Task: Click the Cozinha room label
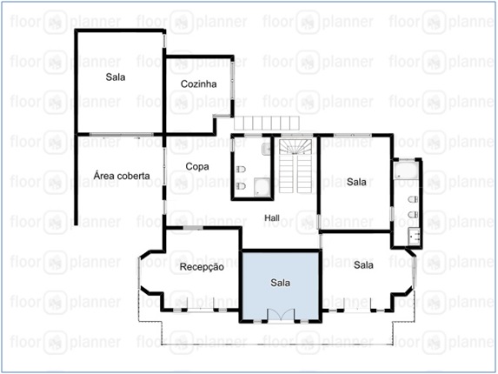click(198, 83)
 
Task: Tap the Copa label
click(197, 166)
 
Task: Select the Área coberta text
click(122, 176)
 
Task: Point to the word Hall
click(272, 217)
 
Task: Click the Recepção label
click(202, 267)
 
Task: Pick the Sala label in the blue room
click(280, 283)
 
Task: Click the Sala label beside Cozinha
click(116, 77)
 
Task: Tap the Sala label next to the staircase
click(356, 182)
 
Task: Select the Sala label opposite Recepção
click(363, 264)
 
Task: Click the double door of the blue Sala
click(281, 316)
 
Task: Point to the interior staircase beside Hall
click(295, 165)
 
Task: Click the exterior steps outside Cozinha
click(267, 123)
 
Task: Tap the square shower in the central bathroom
click(262, 187)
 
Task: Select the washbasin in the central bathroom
click(266, 149)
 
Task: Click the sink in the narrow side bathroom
click(415, 236)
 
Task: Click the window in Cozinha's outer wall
click(232, 80)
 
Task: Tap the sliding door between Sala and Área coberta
click(121, 135)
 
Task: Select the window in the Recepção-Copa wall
click(193, 228)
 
